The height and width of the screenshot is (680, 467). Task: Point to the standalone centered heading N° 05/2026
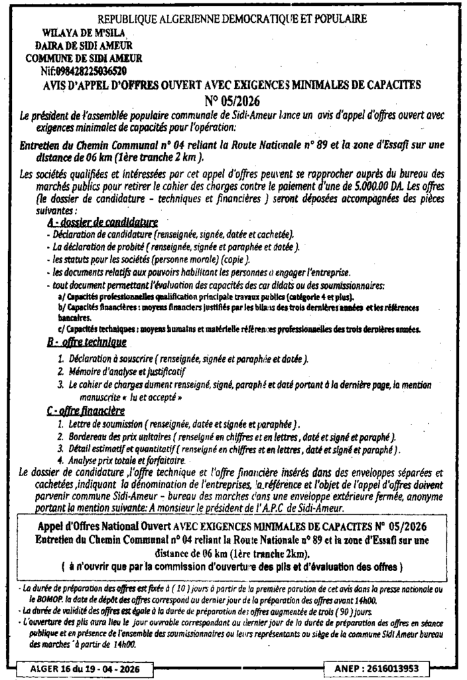click(x=232, y=101)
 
